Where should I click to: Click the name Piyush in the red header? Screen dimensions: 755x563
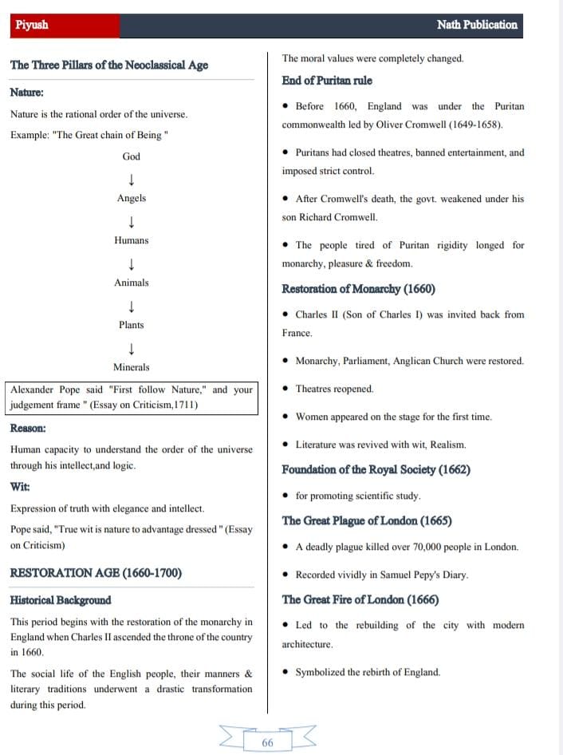(32, 25)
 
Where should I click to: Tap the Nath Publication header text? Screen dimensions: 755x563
(477, 25)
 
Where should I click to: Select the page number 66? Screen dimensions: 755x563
(267, 742)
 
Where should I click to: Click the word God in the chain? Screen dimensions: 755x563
(132, 156)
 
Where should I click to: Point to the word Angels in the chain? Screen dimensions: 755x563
(132, 198)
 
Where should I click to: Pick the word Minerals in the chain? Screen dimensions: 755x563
(132, 367)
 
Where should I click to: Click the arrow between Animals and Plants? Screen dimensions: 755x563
(132, 305)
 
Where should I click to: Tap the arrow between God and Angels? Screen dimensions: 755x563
(132, 178)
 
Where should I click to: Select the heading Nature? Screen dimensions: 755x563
(26, 93)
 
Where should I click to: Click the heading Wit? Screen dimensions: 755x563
(20, 486)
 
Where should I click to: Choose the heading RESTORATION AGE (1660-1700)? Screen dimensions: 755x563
(96, 573)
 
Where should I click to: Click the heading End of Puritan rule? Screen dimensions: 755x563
(327, 81)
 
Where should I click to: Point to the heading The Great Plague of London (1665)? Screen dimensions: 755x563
(367, 520)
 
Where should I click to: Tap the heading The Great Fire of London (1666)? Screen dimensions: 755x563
(360, 599)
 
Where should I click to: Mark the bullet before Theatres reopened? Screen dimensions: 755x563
(285, 389)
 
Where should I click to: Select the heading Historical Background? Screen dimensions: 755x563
(61, 600)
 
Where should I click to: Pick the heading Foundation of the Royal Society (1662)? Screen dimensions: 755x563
(376, 469)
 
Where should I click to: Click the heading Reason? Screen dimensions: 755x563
(28, 428)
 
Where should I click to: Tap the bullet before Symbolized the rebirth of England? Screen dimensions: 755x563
(285, 673)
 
